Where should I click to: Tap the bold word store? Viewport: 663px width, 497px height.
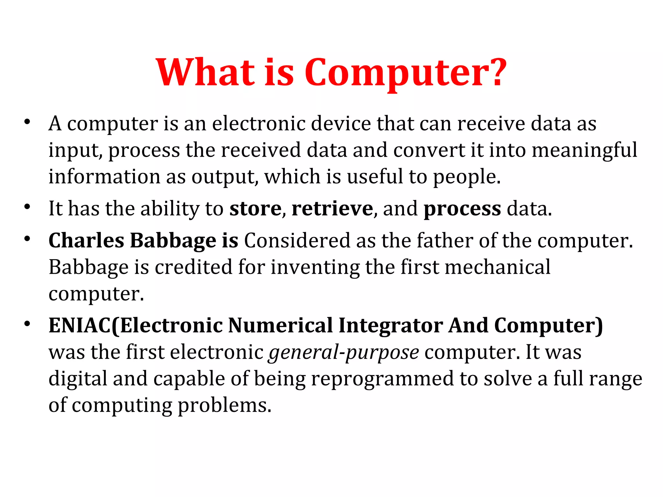[x=255, y=208]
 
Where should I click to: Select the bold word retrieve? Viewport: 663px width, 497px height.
[x=332, y=208]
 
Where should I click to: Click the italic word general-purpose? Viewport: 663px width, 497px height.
[x=343, y=353]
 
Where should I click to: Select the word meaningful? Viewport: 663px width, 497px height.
[x=584, y=151]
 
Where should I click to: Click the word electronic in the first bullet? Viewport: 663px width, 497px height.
[x=259, y=124]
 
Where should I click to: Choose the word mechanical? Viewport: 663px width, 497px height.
[x=498, y=267]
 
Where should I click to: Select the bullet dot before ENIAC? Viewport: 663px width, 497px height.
[x=27, y=324]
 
